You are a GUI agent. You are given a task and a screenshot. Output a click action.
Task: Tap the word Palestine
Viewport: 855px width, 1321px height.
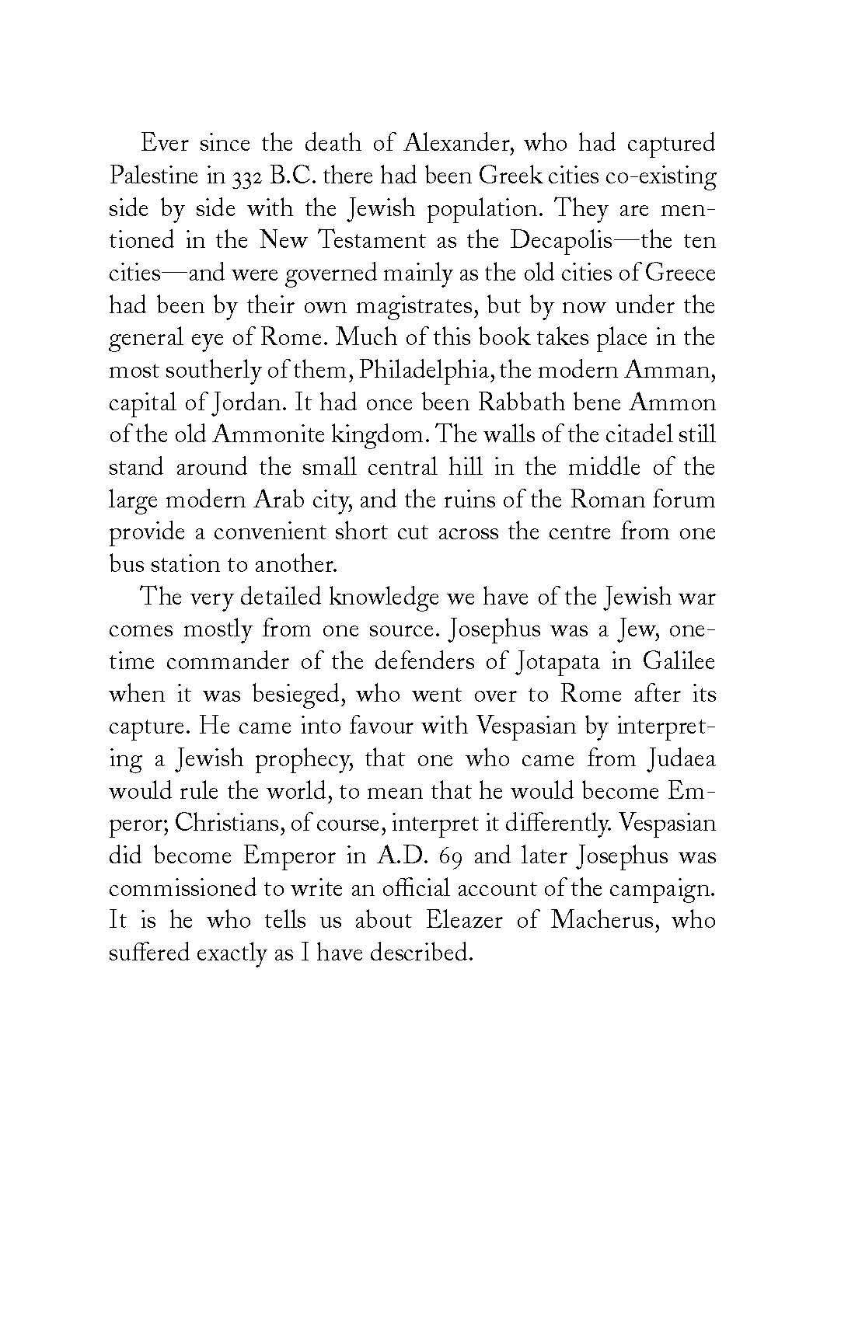(153, 176)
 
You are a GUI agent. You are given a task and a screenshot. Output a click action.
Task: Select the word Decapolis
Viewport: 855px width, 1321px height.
(560, 240)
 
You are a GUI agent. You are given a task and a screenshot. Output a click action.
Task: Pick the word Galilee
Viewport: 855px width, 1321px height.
(679, 662)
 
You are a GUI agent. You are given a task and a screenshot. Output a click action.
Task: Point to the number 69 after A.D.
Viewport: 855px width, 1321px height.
(448, 856)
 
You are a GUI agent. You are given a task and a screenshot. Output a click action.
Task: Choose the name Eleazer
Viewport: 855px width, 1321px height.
(466, 920)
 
